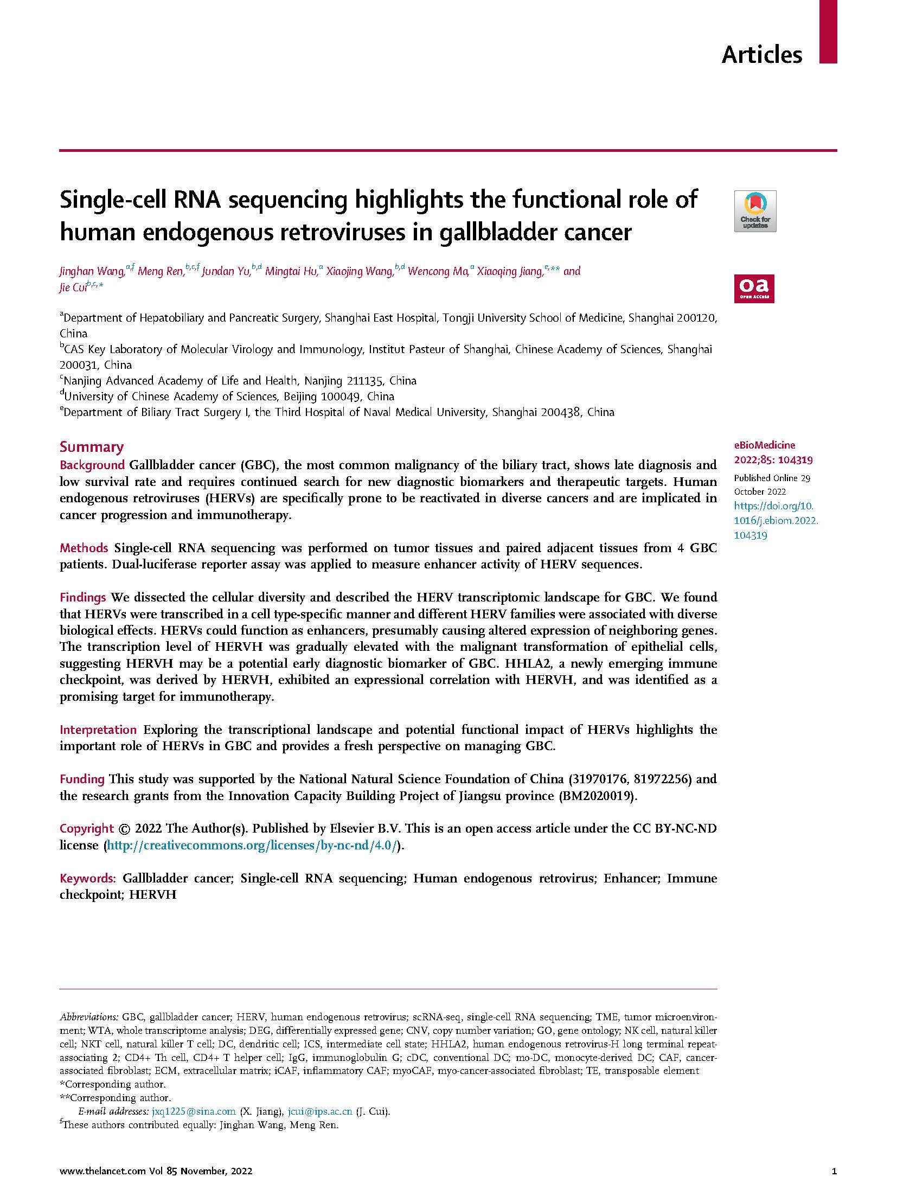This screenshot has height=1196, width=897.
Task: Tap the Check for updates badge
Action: point(755,211)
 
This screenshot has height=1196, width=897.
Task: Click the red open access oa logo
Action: point(754,289)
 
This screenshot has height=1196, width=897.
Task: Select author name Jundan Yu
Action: point(226,271)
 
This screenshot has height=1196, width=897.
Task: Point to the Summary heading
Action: point(91,447)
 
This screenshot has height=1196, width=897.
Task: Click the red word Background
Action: point(92,465)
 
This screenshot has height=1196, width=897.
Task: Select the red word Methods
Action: point(84,548)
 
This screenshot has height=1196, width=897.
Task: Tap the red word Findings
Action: point(82,597)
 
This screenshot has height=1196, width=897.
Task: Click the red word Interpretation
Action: point(98,730)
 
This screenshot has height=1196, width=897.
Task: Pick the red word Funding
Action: point(81,779)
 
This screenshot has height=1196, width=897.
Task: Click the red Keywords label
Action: point(87,878)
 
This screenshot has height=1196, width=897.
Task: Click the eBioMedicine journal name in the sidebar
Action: point(764,445)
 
